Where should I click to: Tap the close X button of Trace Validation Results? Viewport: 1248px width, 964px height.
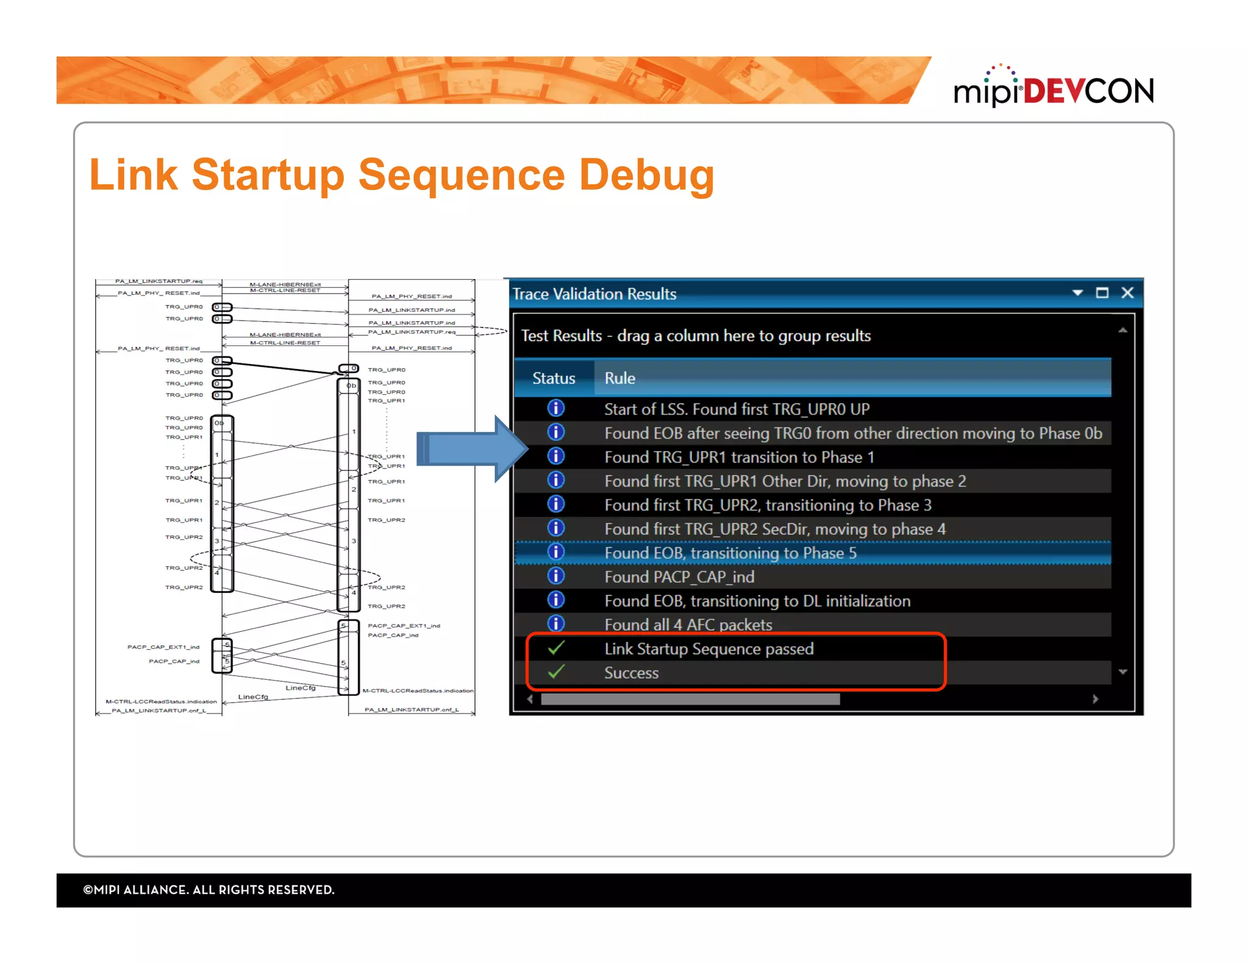coord(1127,293)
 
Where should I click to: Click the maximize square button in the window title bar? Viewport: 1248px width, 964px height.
coord(1102,293)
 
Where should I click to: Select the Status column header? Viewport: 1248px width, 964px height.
coord(553,378)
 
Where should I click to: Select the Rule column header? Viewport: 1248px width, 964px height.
coord(620,378)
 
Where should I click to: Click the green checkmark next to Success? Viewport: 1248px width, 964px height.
coord(556,672)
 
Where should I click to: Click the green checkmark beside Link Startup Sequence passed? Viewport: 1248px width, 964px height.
coord(556,648)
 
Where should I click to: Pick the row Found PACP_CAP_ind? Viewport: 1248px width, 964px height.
coord(679,577)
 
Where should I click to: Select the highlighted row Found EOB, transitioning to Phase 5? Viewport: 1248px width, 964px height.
coord(730,553)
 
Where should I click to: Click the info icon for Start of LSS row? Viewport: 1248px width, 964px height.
coord(556,408)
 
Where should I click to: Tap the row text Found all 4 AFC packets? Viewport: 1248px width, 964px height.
coord(688,625)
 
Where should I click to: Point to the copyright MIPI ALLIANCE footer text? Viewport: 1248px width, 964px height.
coord(209,890)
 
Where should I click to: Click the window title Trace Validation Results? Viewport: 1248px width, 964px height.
coord(594,294)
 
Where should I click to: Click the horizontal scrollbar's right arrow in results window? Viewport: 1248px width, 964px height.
coord(1095,699)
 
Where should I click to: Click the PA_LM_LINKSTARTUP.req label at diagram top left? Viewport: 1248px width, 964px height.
coord(158,282)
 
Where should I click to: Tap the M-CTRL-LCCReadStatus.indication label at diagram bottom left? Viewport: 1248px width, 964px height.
coord(161,701)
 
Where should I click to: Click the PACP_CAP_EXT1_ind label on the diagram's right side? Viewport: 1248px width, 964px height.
coord(403,626)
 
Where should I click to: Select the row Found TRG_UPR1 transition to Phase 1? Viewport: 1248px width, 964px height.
coord(739,458)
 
